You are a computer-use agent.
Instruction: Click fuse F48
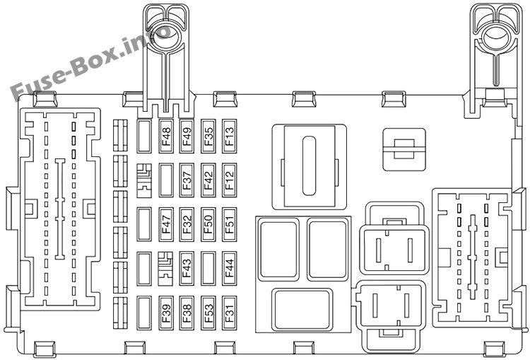click(166, 136)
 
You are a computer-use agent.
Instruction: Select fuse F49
click(187, 136)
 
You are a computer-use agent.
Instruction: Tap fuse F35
click(208, 136)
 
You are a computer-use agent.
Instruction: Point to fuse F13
click(229, 136)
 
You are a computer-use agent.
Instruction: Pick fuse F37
click(187, 180)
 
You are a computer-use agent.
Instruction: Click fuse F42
click(208, 180)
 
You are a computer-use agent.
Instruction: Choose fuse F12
click(229, 180)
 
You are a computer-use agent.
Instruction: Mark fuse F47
click(166, 225)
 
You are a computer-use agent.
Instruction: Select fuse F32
click(187, 225)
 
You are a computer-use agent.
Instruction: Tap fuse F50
click(208, 225)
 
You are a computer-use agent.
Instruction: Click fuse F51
click(229, 225)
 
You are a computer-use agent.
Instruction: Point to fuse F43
click(187, 269)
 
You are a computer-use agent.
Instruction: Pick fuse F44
click(229, 269)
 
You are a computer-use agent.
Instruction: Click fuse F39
click(166, 313)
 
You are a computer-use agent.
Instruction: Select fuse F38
click(187, 313)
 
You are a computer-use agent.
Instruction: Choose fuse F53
click(208, 313)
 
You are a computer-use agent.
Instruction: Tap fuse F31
click(229, 313)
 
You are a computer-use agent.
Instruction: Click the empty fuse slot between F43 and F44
click(208, 269)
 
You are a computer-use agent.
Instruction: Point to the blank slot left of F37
click(166, 180)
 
